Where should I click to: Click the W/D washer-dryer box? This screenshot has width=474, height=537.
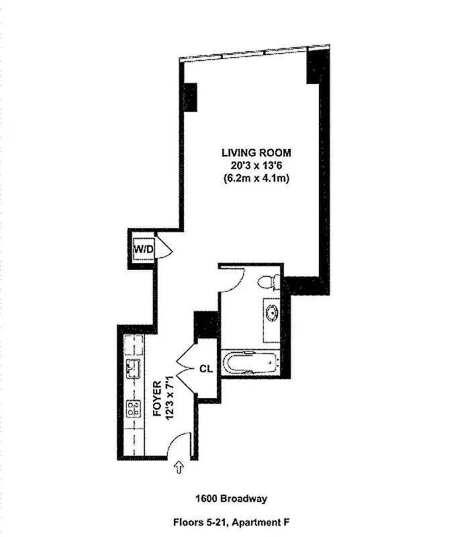click(144, 249)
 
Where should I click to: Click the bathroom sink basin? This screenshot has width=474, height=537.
click(272, 313)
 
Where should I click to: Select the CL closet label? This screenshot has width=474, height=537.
click(206, 369)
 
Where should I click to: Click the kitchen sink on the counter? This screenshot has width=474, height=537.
click(133, 368)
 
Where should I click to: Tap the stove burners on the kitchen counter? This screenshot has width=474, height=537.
click(134, 407)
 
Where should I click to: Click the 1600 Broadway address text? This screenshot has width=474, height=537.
click(231, 499)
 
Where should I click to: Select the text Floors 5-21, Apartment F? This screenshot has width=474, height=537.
click(231, 521)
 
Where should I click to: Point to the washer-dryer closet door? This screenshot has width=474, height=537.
click(165, 250)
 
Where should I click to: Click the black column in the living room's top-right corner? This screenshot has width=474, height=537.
click(316, 67)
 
